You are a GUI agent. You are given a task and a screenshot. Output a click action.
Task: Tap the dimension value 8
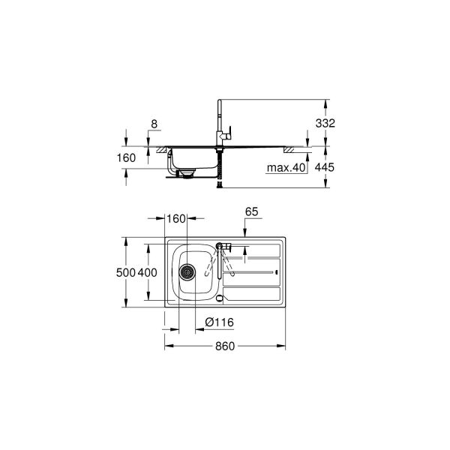tap(154, 122)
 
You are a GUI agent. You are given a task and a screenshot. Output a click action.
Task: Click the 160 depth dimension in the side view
tap(127, 157)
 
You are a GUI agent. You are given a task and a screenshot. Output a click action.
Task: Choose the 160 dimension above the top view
tap(175, 219)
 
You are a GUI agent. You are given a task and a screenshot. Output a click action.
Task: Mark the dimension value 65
tap(251, 213)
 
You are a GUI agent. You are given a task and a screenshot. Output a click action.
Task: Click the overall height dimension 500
tap(125, 272)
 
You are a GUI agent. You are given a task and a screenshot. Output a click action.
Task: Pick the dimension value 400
tap(148, 272)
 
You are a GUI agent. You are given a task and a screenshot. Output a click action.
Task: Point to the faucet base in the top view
tap(220, 245)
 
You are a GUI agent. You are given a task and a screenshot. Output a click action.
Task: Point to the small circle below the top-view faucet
tap(220, 298)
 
